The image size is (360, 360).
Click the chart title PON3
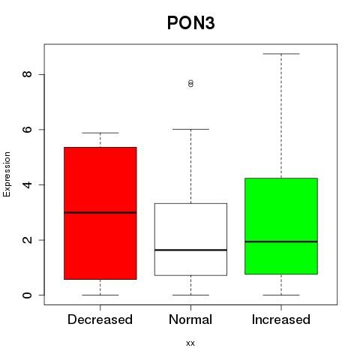[190, 23]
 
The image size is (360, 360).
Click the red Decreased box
[100, 213]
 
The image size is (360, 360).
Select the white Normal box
[190, 239]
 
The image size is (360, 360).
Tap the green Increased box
[281, 226]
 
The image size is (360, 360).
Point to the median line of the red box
[100, 212]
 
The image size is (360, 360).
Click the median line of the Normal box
[190, 250]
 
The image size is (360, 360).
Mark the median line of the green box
[281, 241]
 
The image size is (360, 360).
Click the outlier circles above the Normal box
[190, 83]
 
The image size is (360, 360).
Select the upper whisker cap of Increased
[281, 54]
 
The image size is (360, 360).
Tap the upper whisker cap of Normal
[190, 129]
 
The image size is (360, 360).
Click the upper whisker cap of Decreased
[100, 133]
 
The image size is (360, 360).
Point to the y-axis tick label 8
[27, 74]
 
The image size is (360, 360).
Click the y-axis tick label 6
[27, 129]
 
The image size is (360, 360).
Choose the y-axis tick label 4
[27, 184]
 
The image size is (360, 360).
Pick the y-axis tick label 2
[27, 240]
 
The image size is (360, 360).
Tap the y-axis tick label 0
[27, 295]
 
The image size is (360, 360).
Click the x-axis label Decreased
[100, 319]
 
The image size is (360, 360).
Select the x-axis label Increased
[281, 319]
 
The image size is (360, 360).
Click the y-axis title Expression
[7, 174]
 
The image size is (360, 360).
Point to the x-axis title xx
[190, 343]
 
